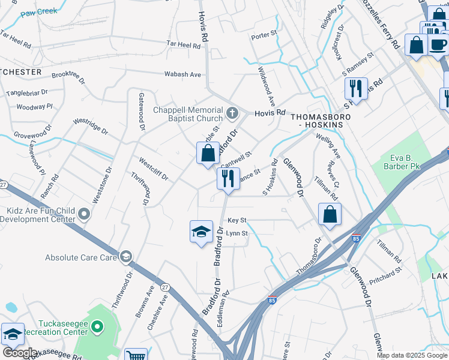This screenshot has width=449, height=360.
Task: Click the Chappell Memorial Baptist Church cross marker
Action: click(x=233, y=112)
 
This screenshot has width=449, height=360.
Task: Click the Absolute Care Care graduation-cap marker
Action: click(x=125, y=257)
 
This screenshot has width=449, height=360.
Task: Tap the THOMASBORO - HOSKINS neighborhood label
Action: click(x=317, y=120)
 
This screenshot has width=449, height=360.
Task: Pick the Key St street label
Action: click(x=237, y=221)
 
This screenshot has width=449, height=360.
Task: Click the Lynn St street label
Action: click(x=237, y=233)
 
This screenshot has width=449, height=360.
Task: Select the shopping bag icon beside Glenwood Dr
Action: click(x=330, y=214)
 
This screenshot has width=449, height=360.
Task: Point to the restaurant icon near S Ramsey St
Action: click(x=356, y=88)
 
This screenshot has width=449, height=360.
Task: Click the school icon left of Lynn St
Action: click(x=201, y=232)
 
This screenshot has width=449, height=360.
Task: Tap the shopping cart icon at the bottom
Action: click(x=136, y=356)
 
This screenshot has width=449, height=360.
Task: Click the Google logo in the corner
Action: click(x=19, y=353)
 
